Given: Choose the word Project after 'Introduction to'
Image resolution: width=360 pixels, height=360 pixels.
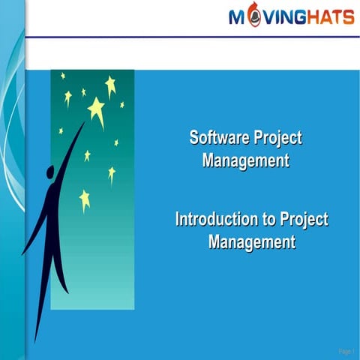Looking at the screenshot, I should (303, 220).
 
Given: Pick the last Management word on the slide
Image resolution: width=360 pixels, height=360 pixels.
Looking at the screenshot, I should (251, 242).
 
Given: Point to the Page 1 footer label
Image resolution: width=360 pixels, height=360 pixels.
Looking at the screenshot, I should (346, 350).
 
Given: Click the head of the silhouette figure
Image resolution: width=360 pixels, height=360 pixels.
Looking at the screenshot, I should (49, 174).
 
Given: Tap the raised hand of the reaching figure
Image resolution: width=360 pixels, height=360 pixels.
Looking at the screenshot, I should (82, 127).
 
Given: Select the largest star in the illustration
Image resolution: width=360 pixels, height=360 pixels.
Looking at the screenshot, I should (97, 110).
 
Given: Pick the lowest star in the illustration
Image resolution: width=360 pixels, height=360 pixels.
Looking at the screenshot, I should (85, 199).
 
